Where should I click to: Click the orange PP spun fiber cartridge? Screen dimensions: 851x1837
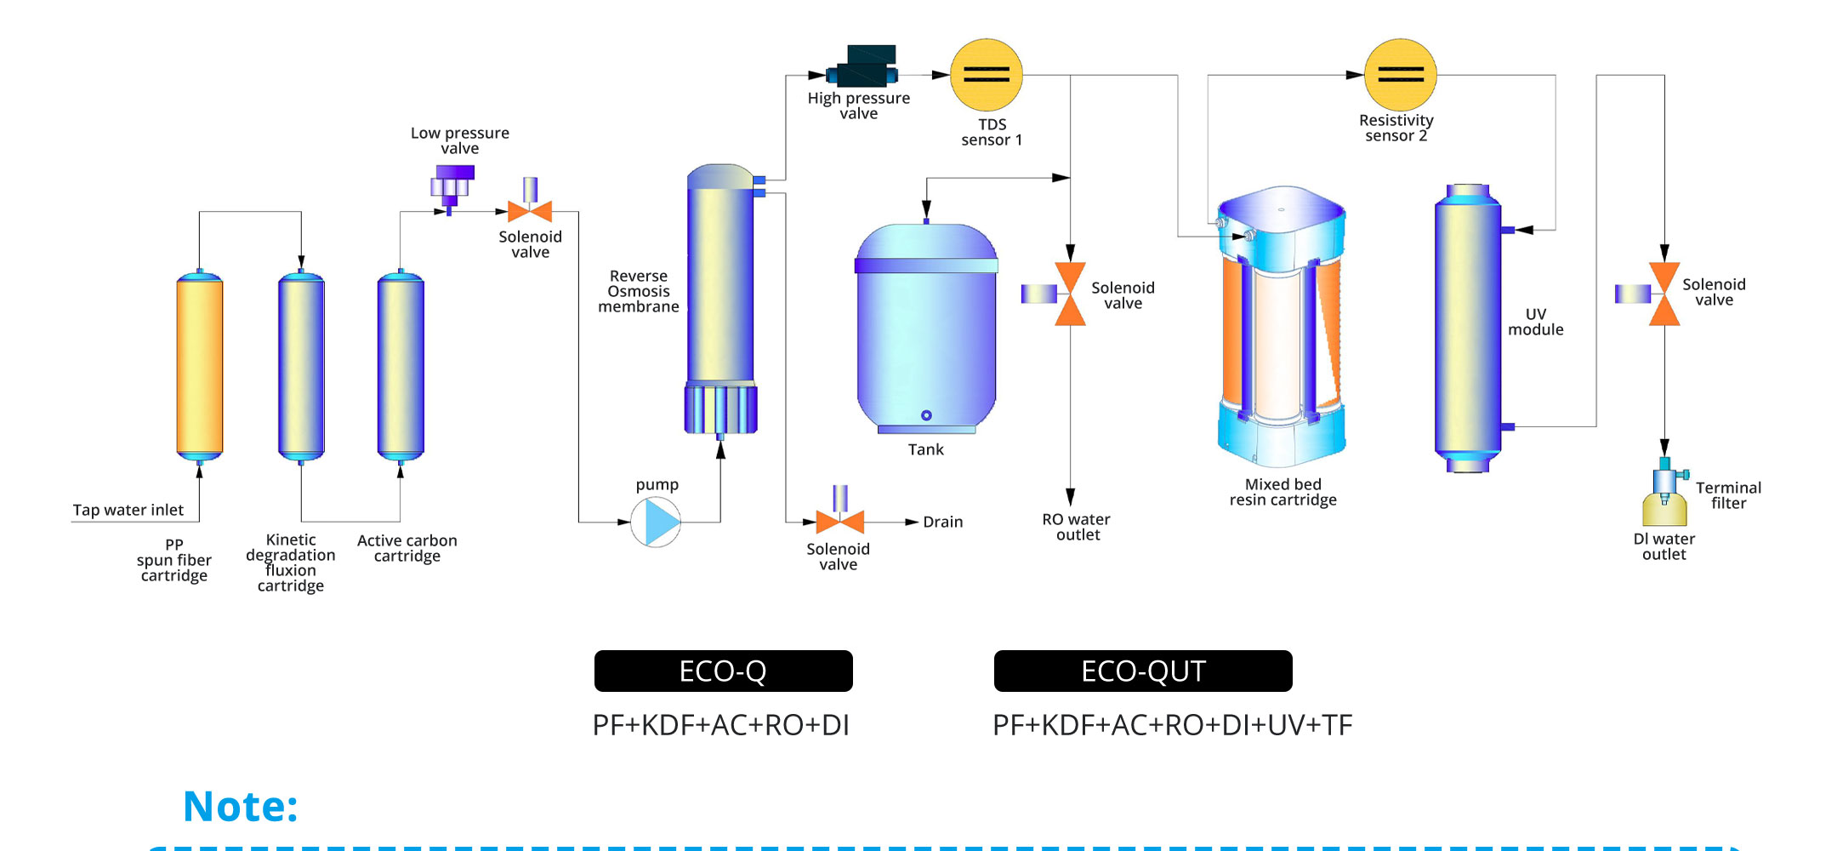coord(200,366)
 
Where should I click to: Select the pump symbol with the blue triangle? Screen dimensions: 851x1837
coord(656,522)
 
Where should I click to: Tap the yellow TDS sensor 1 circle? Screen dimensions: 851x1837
coord(987,75)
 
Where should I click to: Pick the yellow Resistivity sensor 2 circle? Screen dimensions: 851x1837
coord(1400,75)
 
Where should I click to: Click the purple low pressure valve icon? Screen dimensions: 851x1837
coord(452,186)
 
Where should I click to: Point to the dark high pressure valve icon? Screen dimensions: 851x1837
coord(862,67)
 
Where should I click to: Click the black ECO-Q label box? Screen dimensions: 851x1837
coord(723,671)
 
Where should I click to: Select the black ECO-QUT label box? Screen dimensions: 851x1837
coord(1143,671)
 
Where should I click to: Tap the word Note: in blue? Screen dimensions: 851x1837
coord(241,806)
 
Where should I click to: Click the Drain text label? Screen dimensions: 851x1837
coord(943,522)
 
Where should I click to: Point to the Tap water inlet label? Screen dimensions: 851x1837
coord(128,510)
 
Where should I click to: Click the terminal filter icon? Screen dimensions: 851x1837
coord(1665,494)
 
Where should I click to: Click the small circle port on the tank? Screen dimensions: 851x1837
coord(926,415)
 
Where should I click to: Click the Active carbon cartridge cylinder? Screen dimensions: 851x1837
coord(401,366)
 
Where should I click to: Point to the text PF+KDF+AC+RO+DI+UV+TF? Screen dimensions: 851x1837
coord(1172,725)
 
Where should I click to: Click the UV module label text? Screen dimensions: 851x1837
coord(1536,322)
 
